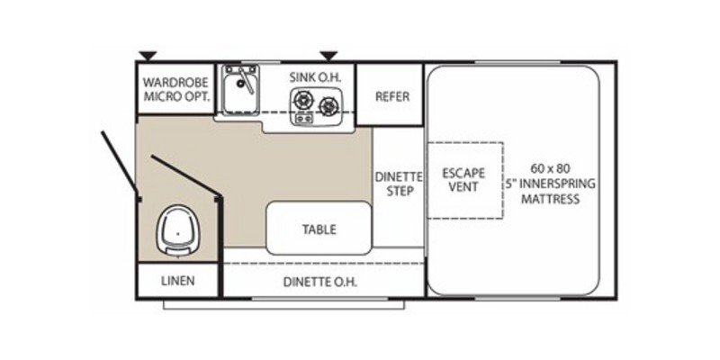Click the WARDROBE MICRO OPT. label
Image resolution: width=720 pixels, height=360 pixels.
175,87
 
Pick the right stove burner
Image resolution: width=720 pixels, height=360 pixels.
329,108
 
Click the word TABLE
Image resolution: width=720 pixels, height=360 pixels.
319,229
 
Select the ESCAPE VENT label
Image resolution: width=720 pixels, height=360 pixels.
463,180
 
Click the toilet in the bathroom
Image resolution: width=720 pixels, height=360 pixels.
179,230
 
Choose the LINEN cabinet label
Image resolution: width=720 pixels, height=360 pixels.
177,281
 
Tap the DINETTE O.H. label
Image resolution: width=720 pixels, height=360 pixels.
320,281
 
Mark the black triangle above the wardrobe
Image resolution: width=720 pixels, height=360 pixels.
145,56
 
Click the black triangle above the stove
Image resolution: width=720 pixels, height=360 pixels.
329,56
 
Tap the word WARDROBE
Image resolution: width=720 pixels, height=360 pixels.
175,80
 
